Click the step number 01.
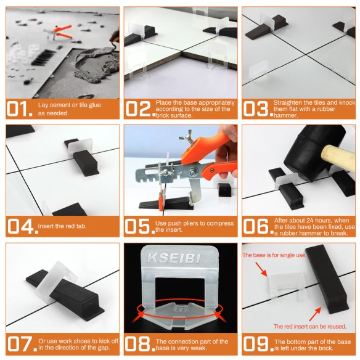click(x=18, y=109)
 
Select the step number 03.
click(x=256, y=109)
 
